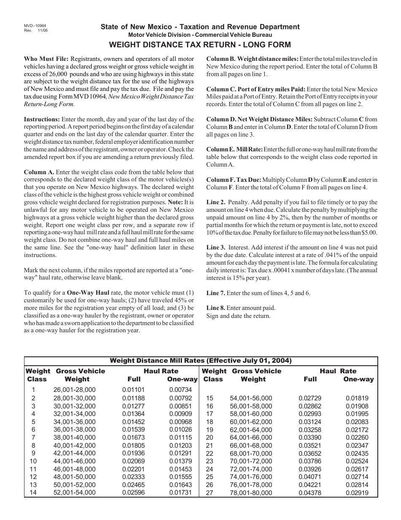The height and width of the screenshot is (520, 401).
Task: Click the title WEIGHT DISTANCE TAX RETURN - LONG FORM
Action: [x=200, y=44]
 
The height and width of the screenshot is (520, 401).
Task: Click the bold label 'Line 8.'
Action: [x=216, y=308]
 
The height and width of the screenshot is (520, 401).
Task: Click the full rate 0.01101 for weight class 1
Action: [x=133, y=390]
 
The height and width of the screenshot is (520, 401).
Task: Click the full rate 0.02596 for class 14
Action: [x=133, y=493]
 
